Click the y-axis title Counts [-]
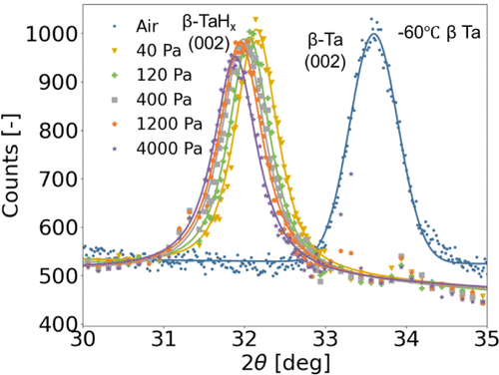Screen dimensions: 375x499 pos(17,180)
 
